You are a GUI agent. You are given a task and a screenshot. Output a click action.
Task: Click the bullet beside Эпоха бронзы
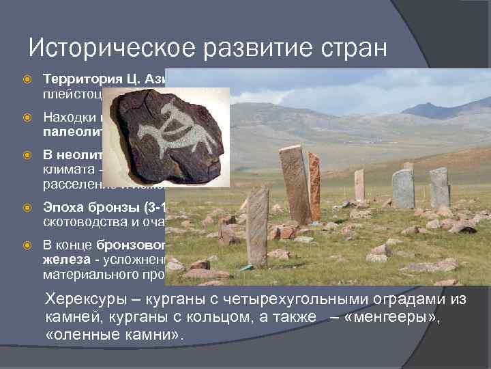27,205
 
